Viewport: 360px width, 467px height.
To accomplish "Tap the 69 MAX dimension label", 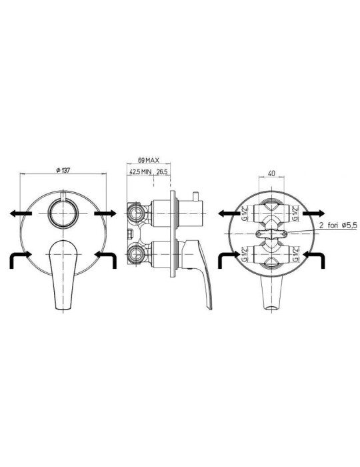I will [149, 161].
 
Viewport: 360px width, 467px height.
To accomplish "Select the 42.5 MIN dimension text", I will [141, 172].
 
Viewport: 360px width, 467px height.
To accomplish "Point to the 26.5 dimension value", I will [163, 172].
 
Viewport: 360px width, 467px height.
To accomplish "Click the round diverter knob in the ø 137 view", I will [64, 213].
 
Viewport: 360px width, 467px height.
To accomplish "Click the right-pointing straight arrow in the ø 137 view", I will [105, 213].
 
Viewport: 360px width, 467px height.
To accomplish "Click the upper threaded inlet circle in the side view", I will [137, 212].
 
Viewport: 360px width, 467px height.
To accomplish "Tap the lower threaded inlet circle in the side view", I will [137, 253].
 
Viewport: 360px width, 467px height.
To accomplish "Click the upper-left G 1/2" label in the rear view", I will [245, 213].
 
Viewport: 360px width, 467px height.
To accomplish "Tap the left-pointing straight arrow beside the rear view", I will [231, 213].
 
